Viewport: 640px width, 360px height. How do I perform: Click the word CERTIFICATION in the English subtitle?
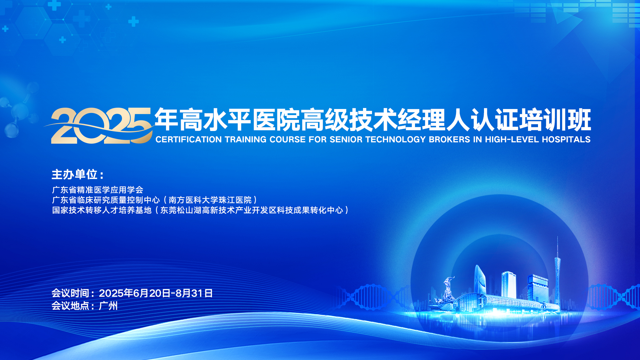coord(188,139)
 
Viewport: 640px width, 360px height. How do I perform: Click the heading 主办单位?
coord(74,174)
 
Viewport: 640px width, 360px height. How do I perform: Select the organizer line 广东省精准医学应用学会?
coord(98,190)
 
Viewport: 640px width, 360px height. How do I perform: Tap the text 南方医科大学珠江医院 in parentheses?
coord(210,200)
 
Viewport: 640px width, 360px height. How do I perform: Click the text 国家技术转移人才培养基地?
coord(102,210)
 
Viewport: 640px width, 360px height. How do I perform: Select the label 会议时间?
coord(70,293)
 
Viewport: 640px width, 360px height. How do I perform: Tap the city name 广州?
coord(108,306)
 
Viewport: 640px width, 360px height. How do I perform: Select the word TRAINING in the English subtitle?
coord(246,139)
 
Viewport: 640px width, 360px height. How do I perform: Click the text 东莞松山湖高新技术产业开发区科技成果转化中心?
coord(252,210)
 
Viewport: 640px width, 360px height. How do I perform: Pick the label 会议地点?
coord(70,306)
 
